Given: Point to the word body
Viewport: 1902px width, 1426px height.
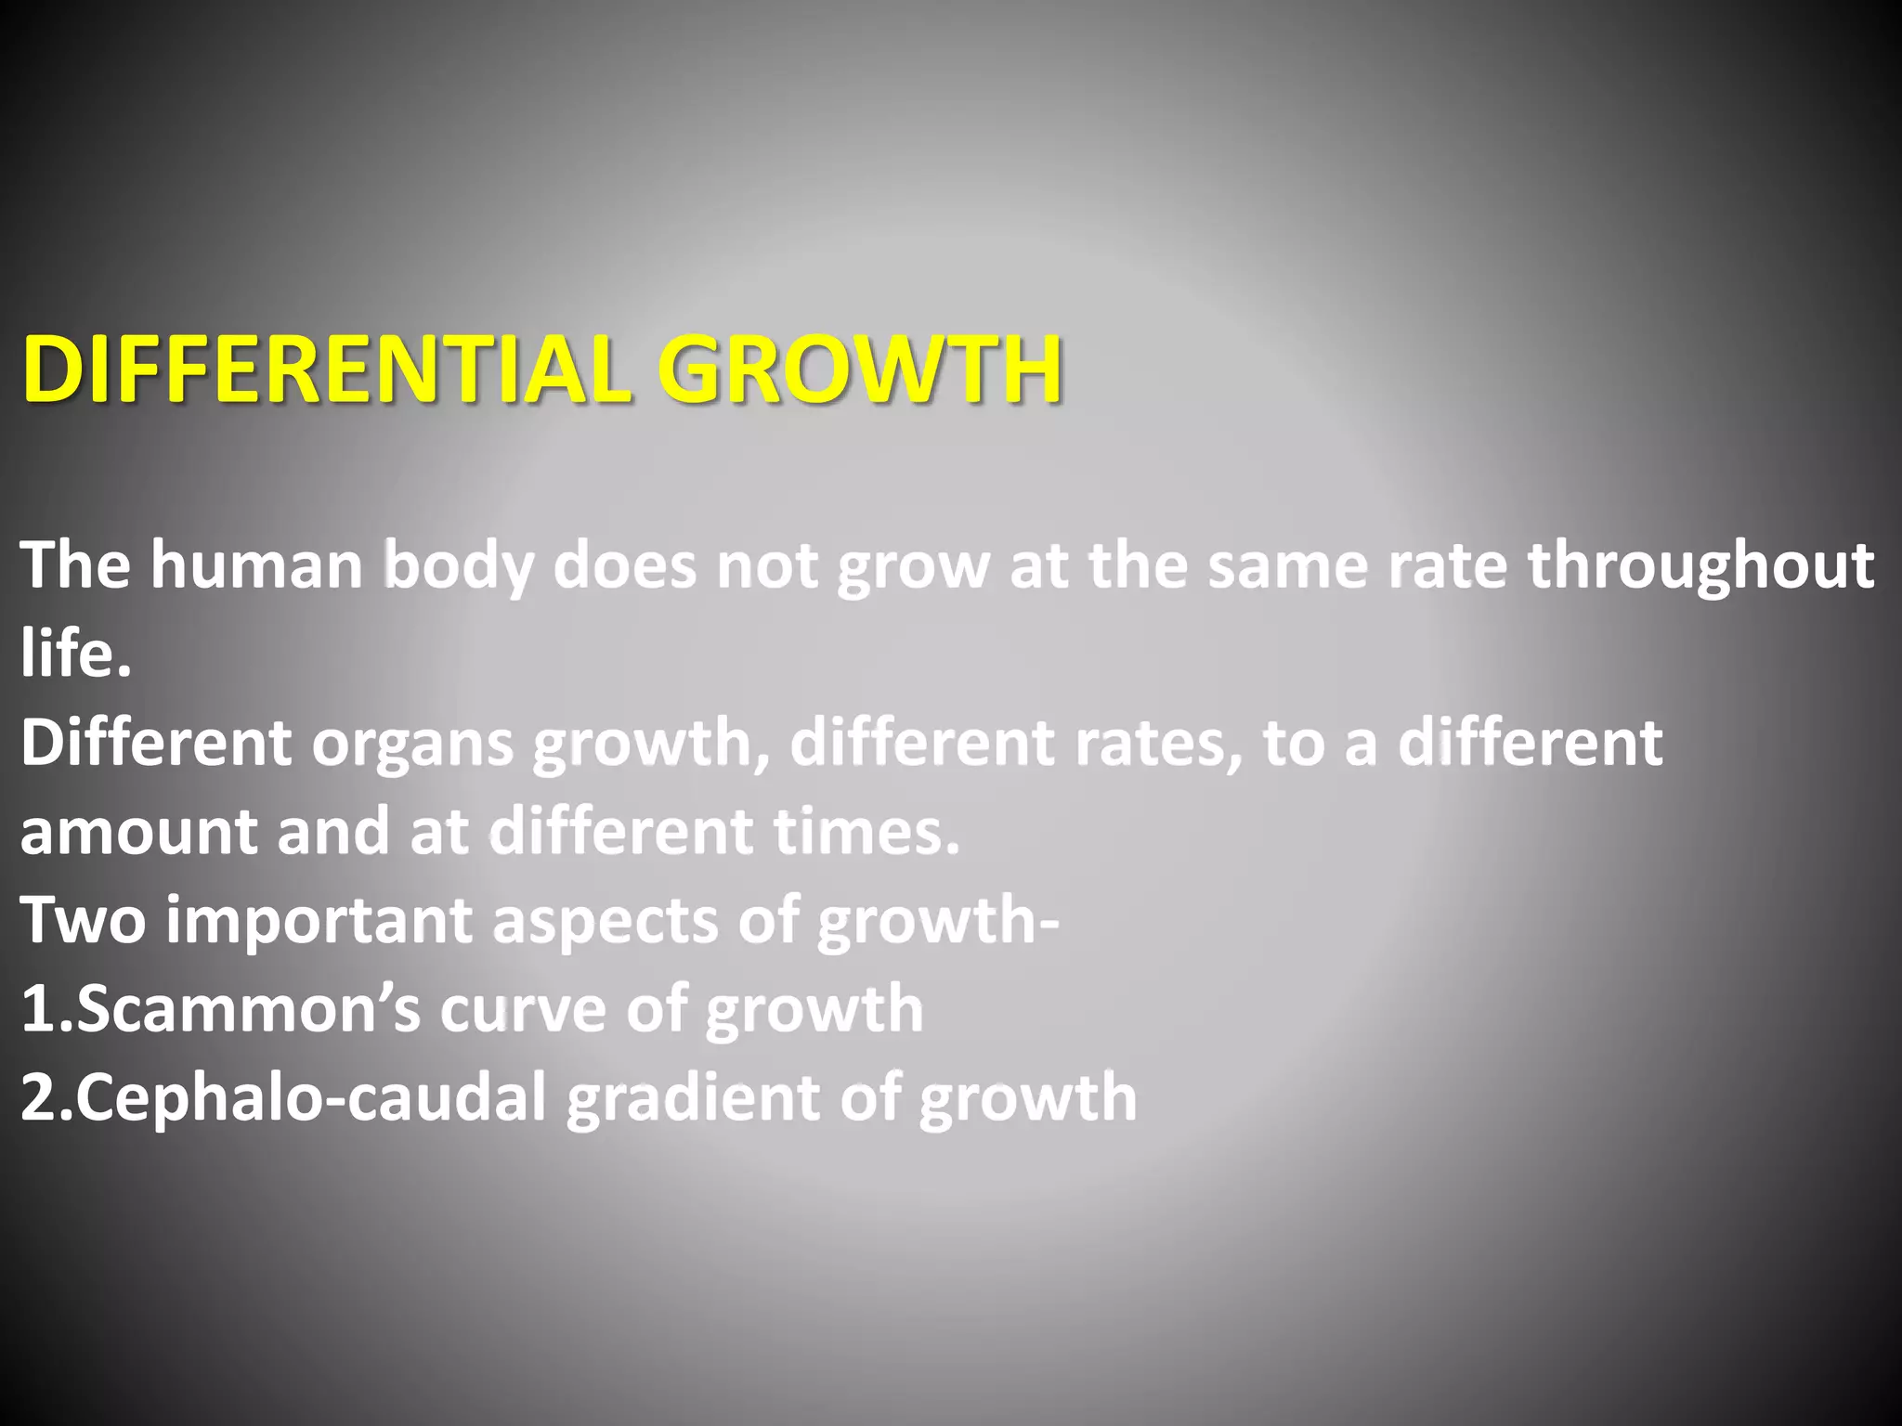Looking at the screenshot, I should coord(460,566).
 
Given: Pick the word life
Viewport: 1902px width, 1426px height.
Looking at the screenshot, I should coord(74,653).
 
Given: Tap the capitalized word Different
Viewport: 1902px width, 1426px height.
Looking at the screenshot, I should coord(156,743).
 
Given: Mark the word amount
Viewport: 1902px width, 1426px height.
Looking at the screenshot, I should coord(138,832).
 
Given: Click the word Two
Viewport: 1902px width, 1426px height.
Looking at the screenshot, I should coord(84,920).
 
